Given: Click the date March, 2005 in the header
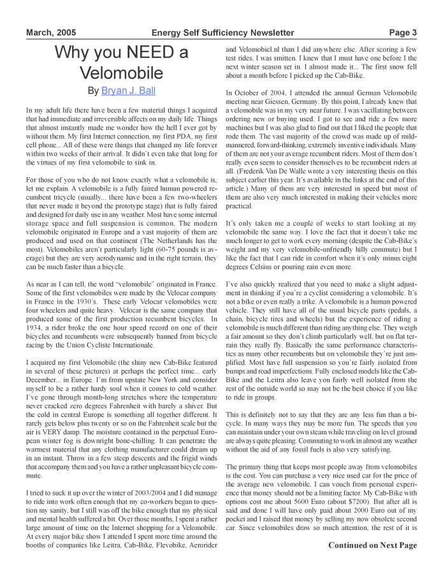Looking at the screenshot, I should click(x=50, y=33).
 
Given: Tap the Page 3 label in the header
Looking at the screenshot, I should click(x=403, y=33).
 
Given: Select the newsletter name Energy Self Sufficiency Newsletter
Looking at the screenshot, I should click(x=223, y=33).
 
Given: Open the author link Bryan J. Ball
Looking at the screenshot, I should click(x=128, y=91).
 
